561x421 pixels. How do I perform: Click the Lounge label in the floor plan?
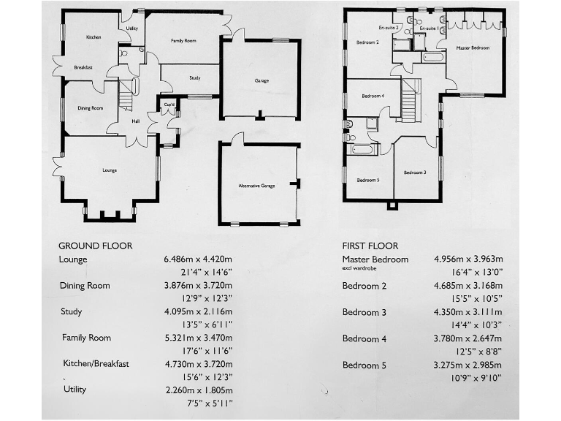pos(110,170)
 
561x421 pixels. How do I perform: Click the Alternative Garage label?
pos(256,186)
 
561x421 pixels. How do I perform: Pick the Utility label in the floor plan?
pos(131,29)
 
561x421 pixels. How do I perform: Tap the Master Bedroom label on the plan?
pos(473,48)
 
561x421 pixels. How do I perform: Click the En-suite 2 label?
pos(388,27)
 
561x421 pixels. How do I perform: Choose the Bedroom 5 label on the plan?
pos(367,180)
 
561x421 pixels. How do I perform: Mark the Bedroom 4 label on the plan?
pos(372,96)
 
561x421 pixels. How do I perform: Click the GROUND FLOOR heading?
pos(95,246)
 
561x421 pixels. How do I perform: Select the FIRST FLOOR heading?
pos(370,246)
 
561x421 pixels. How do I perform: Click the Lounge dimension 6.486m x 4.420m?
pos(198,259)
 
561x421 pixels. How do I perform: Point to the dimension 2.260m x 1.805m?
pos(198,390)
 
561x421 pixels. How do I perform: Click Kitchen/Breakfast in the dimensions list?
pos(96,363)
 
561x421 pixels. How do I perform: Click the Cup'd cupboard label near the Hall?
pos(168,103)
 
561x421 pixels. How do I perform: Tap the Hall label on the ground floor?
pos(136,121)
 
